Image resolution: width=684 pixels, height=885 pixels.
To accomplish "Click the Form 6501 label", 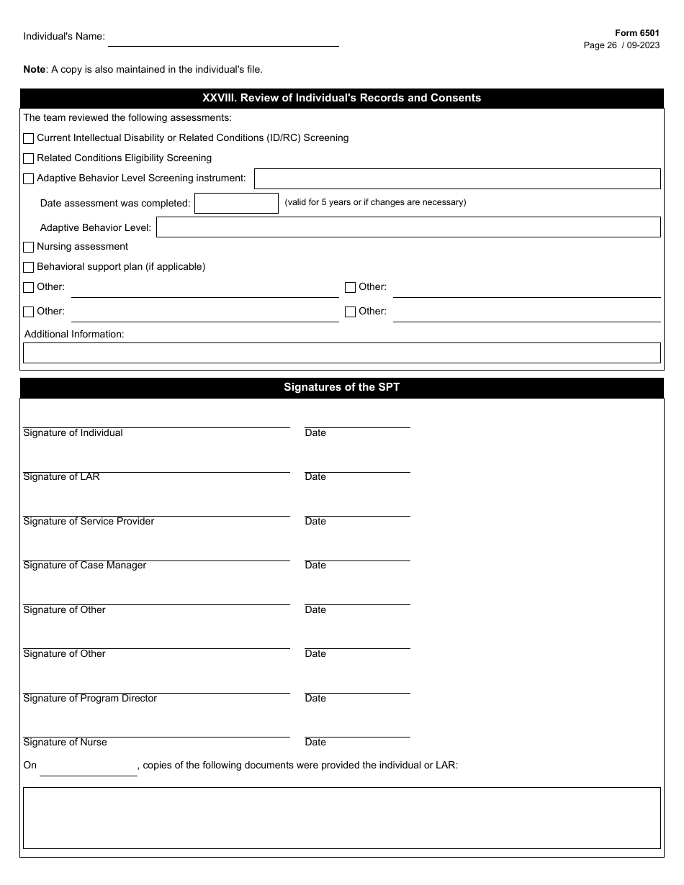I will [636, 33].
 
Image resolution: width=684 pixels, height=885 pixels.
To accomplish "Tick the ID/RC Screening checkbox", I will [29, 138].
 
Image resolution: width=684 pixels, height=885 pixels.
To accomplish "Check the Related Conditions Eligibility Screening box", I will [29, 158].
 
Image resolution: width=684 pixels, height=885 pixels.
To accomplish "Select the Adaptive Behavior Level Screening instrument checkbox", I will [29, 178].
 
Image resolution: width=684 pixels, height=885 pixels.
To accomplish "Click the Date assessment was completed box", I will [236, 204].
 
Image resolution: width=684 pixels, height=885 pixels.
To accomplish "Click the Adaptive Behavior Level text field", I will [408, 227].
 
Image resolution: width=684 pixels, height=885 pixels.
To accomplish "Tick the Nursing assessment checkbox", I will [29, 247].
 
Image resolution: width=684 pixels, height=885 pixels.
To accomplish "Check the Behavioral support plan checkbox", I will [29, 267].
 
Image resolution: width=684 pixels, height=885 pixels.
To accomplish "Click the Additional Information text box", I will [341, 353].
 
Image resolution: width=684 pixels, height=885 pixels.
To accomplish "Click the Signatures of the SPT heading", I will [341, 387].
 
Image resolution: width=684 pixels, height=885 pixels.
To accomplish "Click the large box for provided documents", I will [341, 818].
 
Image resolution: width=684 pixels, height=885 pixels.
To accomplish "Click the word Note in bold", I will [34, 70].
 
